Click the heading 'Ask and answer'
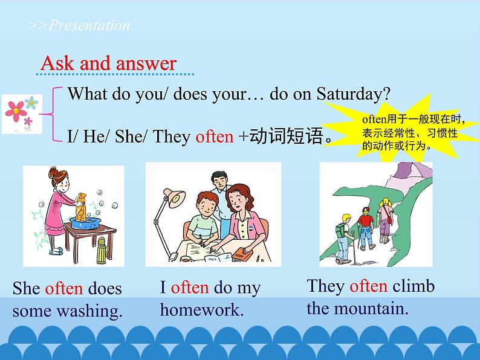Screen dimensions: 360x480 (108, 63)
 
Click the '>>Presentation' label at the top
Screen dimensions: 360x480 (79, 25)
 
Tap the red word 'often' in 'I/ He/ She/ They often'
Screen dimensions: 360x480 (214, 137)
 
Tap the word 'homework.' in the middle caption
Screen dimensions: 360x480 (201, 310)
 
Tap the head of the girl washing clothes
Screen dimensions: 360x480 (57, 179)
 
